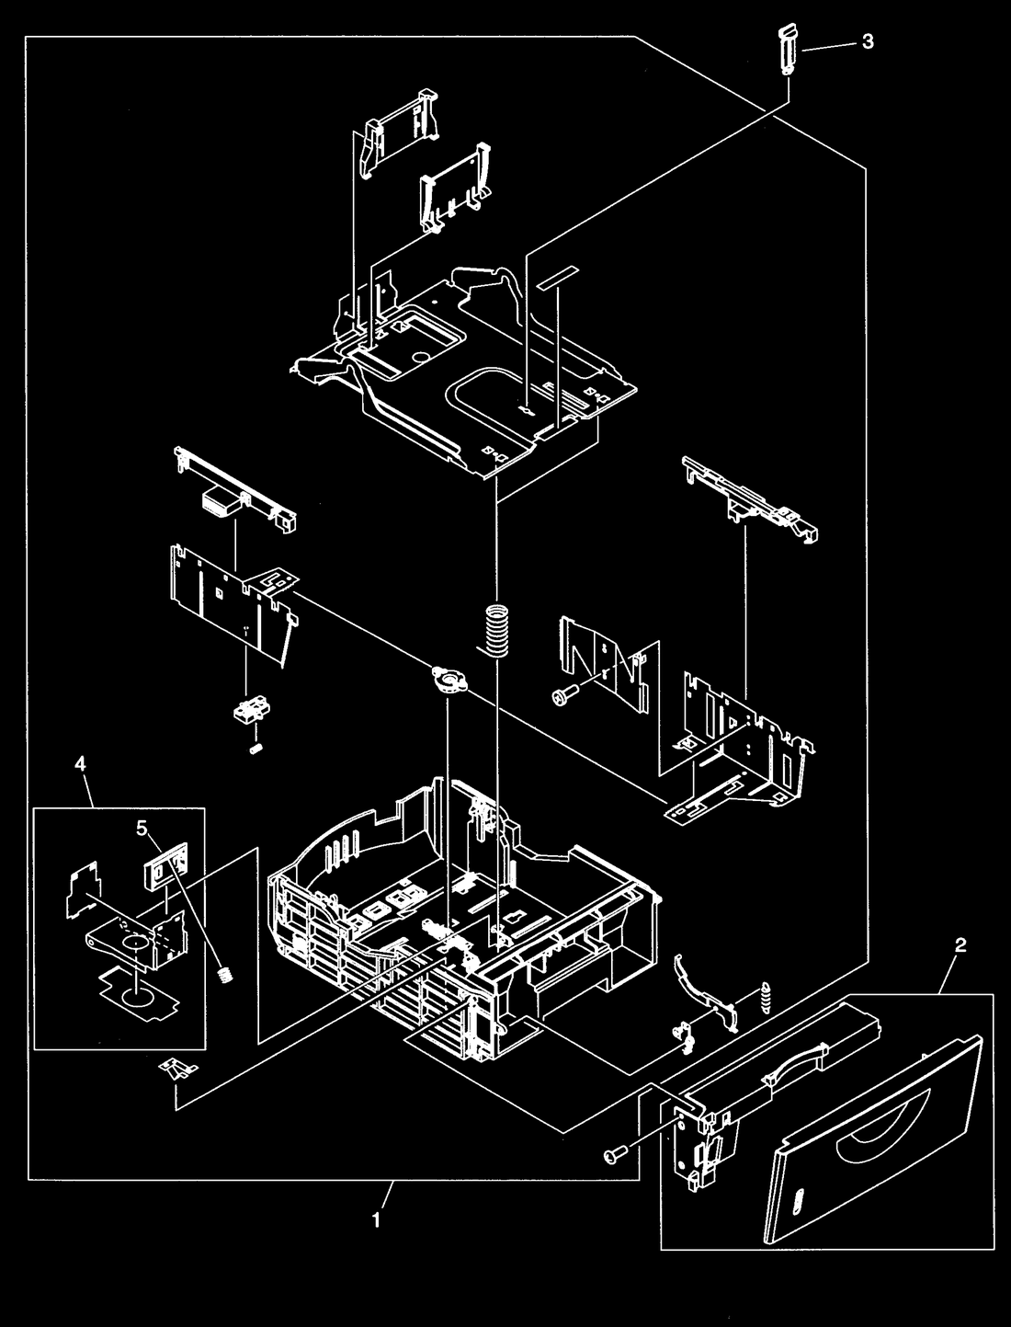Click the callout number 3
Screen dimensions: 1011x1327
868,41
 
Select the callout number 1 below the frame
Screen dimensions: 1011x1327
376,1220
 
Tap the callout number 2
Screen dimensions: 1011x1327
960,945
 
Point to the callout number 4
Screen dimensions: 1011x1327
80,764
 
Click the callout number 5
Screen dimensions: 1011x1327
142,828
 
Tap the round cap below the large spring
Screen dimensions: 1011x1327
447,680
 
